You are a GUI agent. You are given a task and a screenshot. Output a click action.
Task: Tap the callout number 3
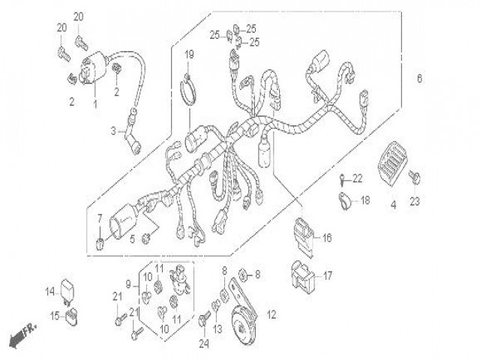pyautogui.click(x=113, y=130)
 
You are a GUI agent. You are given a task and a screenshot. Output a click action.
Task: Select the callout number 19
pyautogui.click(x=190, y=53)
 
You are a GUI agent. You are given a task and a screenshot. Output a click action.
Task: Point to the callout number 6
pyautogui.click(x=419, y=79)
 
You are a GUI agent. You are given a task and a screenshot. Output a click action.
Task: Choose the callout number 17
pyautogui.click(x=328, y=275)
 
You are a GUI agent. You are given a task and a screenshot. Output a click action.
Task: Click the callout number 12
pyautogui.click(x=271, y=315)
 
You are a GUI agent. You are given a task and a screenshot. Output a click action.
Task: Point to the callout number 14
pyautogui.click(x=48, y=292)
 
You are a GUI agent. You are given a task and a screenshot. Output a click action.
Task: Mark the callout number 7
pyautogui.click(x=98, y=217)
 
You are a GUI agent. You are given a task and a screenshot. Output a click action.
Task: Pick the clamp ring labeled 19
pyautogui.click(x=190, y=94)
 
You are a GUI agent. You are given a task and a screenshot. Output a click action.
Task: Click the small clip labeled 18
pyautogui.click(x=344, y=200)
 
